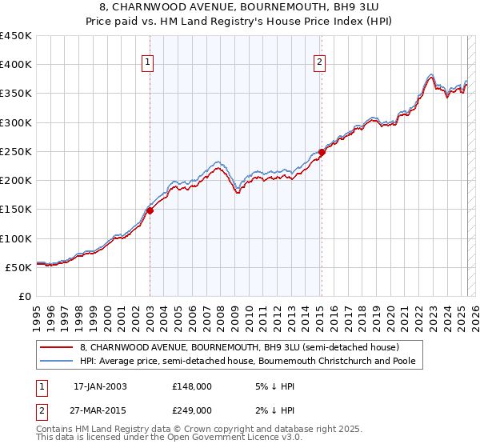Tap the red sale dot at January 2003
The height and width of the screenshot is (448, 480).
(150, 210)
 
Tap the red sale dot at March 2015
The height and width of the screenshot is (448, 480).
(322, 152)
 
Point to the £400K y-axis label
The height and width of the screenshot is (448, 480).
(16, 65)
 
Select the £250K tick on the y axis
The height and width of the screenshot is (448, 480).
(16, 151)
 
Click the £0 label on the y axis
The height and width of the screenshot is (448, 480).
(25, 296)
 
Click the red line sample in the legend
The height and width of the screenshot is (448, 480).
(57, 347)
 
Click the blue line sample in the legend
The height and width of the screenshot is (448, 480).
(57, 361)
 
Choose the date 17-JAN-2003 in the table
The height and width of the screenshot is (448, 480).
(100, 386)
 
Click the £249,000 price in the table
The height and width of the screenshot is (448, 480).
(191, 410)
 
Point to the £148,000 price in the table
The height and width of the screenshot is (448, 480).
(191, 386)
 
